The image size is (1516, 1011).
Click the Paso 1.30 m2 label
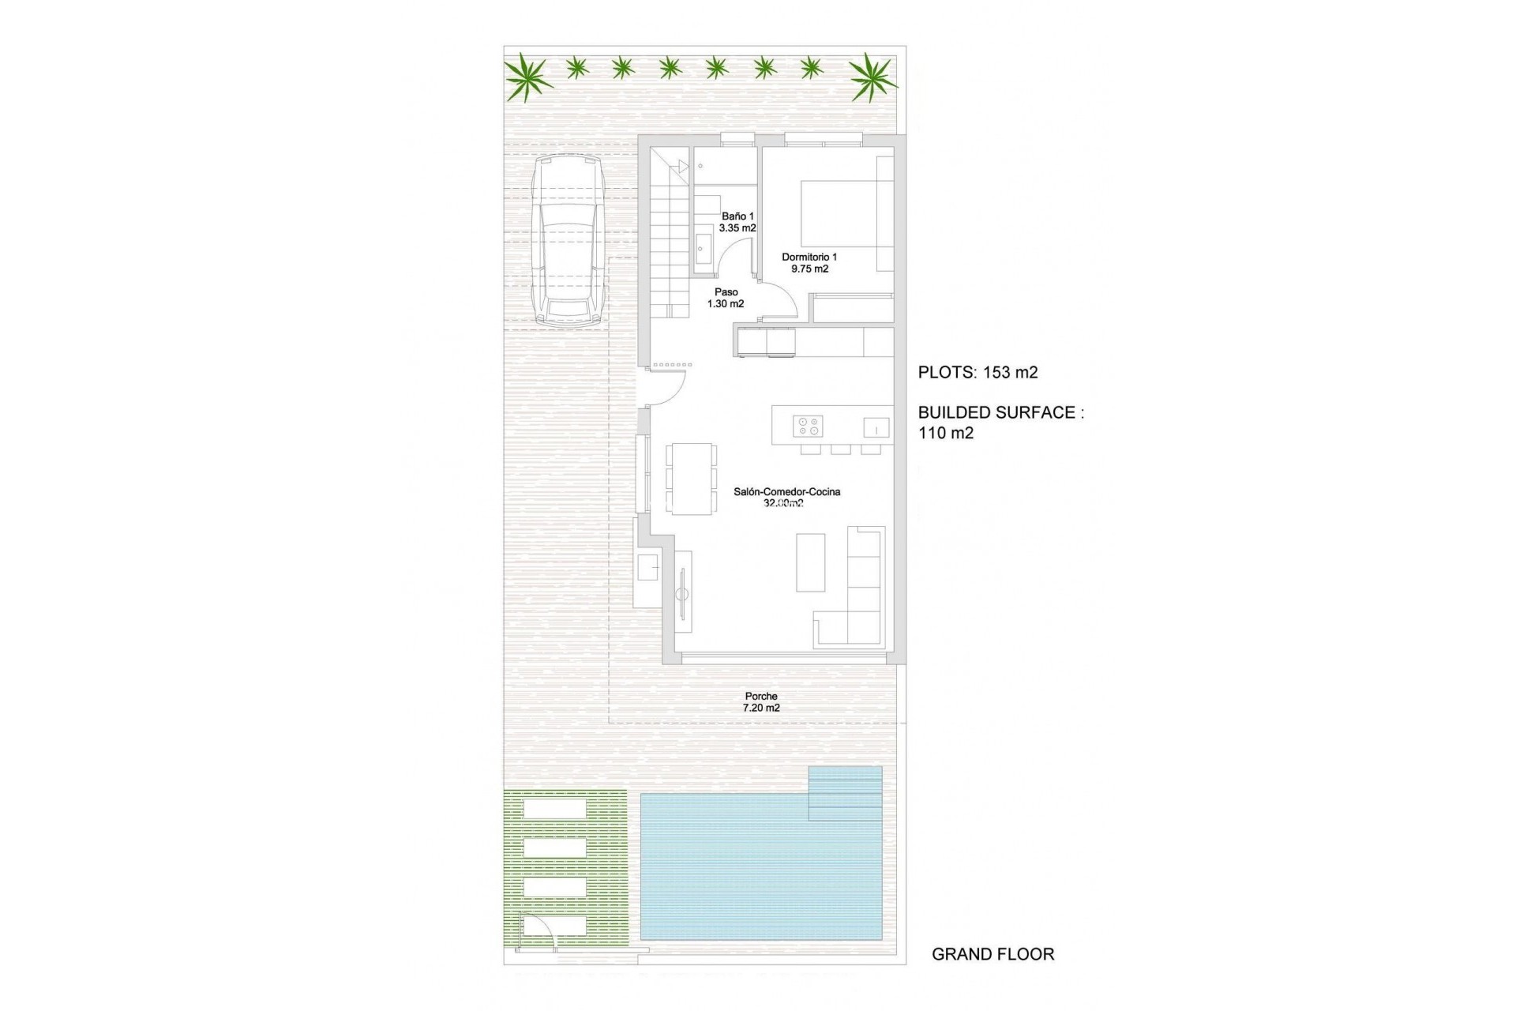(x=726, y=298)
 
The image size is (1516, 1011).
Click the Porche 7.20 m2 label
(x=761, y=702)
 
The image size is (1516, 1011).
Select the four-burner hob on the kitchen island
(x=808, y=427)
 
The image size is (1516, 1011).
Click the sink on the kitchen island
(x=876, y=427)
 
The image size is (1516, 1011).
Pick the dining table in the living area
(x=692, y=479)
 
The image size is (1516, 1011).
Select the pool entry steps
(x=845, y=794)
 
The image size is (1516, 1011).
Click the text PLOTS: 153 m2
(x=978, y=373)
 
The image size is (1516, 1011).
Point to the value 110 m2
(x=946, y=433)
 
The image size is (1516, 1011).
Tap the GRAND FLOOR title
(x=993, y=954)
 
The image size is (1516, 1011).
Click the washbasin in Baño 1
(x=703, y=249)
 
